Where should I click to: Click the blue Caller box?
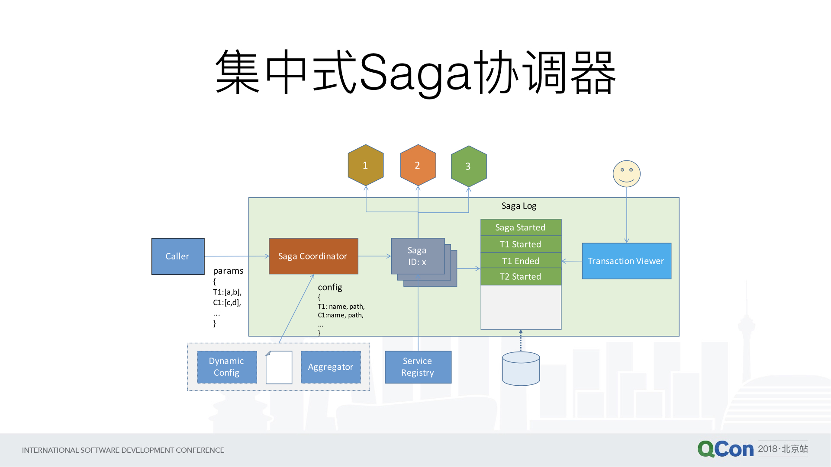coord(178,256)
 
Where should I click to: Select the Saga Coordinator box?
coord(313,256)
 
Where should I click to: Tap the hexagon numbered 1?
coord(366,165)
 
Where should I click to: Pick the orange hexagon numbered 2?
coord(418,165)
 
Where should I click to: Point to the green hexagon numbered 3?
coord(468,166)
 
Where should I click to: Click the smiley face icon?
coord(626,174)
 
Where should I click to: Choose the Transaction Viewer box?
coord(626,261)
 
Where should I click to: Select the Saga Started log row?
coord(521,227)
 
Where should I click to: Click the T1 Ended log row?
coord(521,261)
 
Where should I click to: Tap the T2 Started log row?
coord(521,277)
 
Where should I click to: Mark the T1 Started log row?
coord(521,244)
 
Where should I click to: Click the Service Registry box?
coord(418,367)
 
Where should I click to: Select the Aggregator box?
coord(331,367)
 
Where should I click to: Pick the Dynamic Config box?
coord(227,367)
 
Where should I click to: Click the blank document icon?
coord(279,367)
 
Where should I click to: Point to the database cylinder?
coord(521,368)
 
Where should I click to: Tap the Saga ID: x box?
coord(418,256)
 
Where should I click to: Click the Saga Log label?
coord(519,206)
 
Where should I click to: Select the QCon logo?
coord(725,449)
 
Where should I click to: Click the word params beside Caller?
coord(228,271)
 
